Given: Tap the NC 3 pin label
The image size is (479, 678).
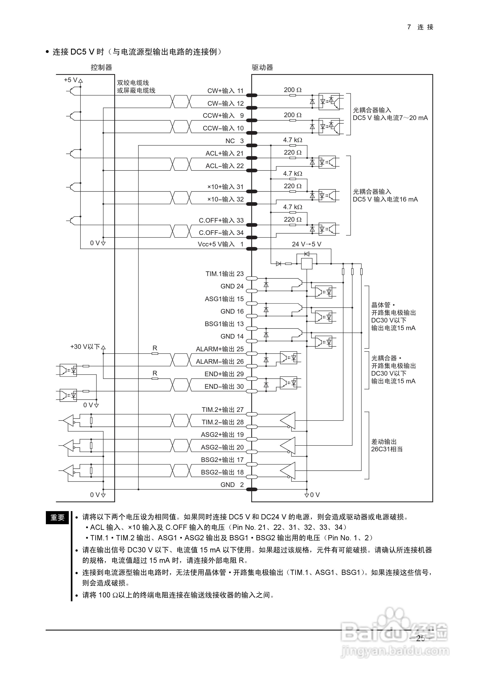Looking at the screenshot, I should point(234,141).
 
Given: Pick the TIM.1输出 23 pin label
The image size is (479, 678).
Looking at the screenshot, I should point(224,274).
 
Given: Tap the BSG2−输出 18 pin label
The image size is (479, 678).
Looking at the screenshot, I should point(222,472).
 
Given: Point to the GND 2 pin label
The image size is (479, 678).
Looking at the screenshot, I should point(232,485).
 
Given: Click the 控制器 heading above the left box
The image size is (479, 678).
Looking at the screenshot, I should point(102,68).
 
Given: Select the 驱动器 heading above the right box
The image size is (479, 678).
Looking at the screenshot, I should point(262,68).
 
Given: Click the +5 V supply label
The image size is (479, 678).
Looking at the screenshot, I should point(71,80).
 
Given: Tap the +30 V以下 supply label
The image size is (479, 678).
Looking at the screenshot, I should point(85,347).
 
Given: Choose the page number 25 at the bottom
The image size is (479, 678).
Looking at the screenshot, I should point(421,638).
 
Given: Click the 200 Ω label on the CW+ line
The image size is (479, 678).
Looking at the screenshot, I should point(293,90).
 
